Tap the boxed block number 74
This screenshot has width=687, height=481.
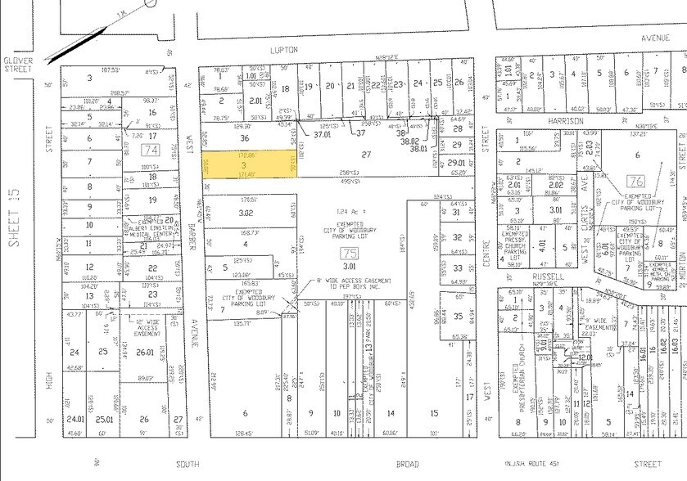[150, 151]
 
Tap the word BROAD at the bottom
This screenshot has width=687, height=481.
[407, 464]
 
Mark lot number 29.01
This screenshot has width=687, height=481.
[456, 164]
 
